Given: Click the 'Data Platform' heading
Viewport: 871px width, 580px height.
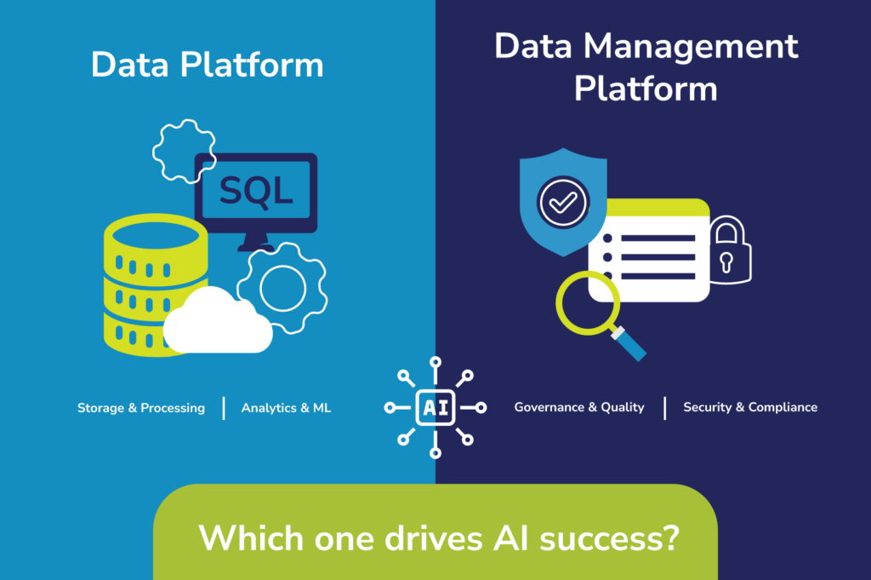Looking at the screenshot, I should [x=208, y=66].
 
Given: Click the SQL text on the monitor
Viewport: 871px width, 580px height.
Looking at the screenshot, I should [x=255, y=190].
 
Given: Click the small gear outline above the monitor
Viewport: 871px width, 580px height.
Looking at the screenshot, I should [x=182, y=151].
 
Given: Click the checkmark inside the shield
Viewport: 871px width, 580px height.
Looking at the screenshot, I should [x=562, y=203].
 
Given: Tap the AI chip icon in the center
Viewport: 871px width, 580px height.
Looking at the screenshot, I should [x=435, y=408].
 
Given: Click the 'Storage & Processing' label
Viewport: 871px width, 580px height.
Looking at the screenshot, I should [x=141, y=408].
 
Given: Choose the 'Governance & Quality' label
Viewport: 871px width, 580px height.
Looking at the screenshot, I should [x=579, y=407].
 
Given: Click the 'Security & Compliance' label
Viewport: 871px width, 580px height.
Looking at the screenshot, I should [x=750, y=407].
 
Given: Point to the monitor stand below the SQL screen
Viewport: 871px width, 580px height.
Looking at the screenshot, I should [x=255, y=243].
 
